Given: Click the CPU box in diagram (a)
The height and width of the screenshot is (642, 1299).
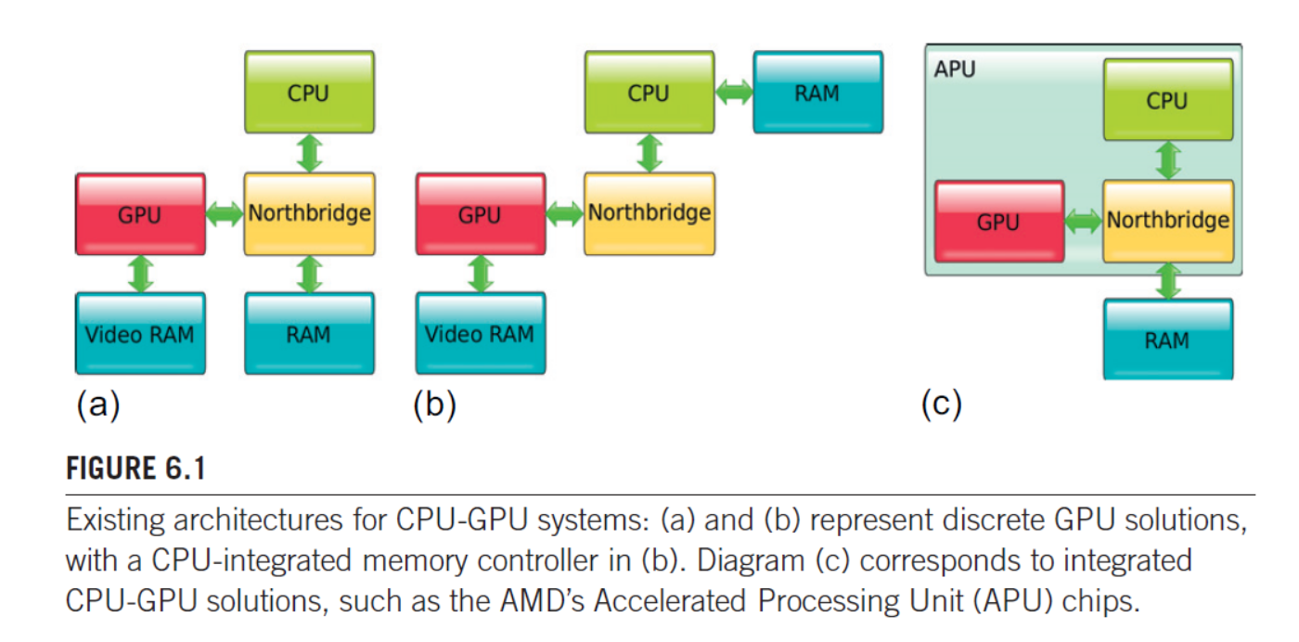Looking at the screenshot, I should pyautogui.click(x=309, y=92).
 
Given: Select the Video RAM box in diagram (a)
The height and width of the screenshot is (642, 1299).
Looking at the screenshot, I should pyautogui.click(x=140, y=333).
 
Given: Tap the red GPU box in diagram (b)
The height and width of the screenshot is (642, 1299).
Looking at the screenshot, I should pyautogui.click(x=480, y=214).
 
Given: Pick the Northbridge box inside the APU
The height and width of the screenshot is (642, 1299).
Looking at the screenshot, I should pyautogui.click(x=1167, y=221).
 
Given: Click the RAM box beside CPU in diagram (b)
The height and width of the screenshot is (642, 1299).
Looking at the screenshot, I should pyautogui.click(x=817, y=92).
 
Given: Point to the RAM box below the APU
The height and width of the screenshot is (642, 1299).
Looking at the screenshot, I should pyautogui.click(x=1167, y=339).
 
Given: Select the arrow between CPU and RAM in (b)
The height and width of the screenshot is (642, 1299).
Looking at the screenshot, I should pyautogui.click(x=734, y=92).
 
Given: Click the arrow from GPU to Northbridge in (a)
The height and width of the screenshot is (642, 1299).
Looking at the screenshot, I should pyautogui.click(x=225, y=214).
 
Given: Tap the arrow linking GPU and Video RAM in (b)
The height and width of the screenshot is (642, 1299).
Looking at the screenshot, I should pyautogui.click(x=480, y=274).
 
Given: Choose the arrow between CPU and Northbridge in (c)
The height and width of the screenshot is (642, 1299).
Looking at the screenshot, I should pyautogui.click(x=1168, y=160).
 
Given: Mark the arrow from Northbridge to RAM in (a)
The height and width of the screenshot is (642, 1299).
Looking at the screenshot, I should pyautogui.click(x=309, y=275).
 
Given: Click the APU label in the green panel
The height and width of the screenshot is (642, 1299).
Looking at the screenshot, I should pyautogui.click(x=955, y=69).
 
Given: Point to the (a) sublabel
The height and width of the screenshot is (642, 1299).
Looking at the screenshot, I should pyautogui.click(x=98, y=405).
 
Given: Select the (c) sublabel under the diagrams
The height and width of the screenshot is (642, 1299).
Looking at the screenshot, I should pyautogui.click(x=942, y=405).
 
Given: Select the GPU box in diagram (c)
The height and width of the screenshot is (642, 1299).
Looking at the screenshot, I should pyautogui.click(x=998, y=222).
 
